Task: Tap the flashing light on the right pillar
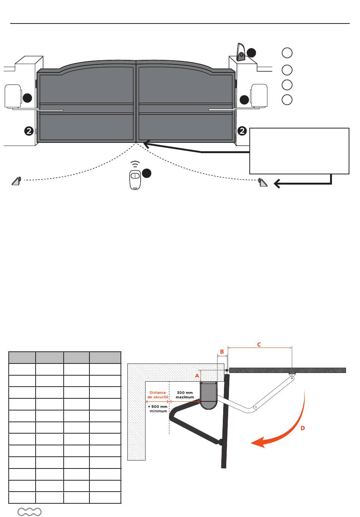(241, 52)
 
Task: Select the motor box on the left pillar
(13, 97)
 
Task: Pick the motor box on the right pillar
(259, 96)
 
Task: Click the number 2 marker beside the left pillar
(29, 131)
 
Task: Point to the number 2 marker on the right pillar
(242, 131)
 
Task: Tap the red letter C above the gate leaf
(259, 345)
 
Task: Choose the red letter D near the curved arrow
(302, 428)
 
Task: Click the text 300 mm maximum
(185, 395)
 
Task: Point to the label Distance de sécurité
(158, 395)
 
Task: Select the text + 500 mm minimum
(158, 409)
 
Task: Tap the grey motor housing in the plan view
(208, 395)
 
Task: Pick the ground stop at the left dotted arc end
(16, 181)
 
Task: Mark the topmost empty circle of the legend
(287, 53)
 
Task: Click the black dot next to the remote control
(147, 173)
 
